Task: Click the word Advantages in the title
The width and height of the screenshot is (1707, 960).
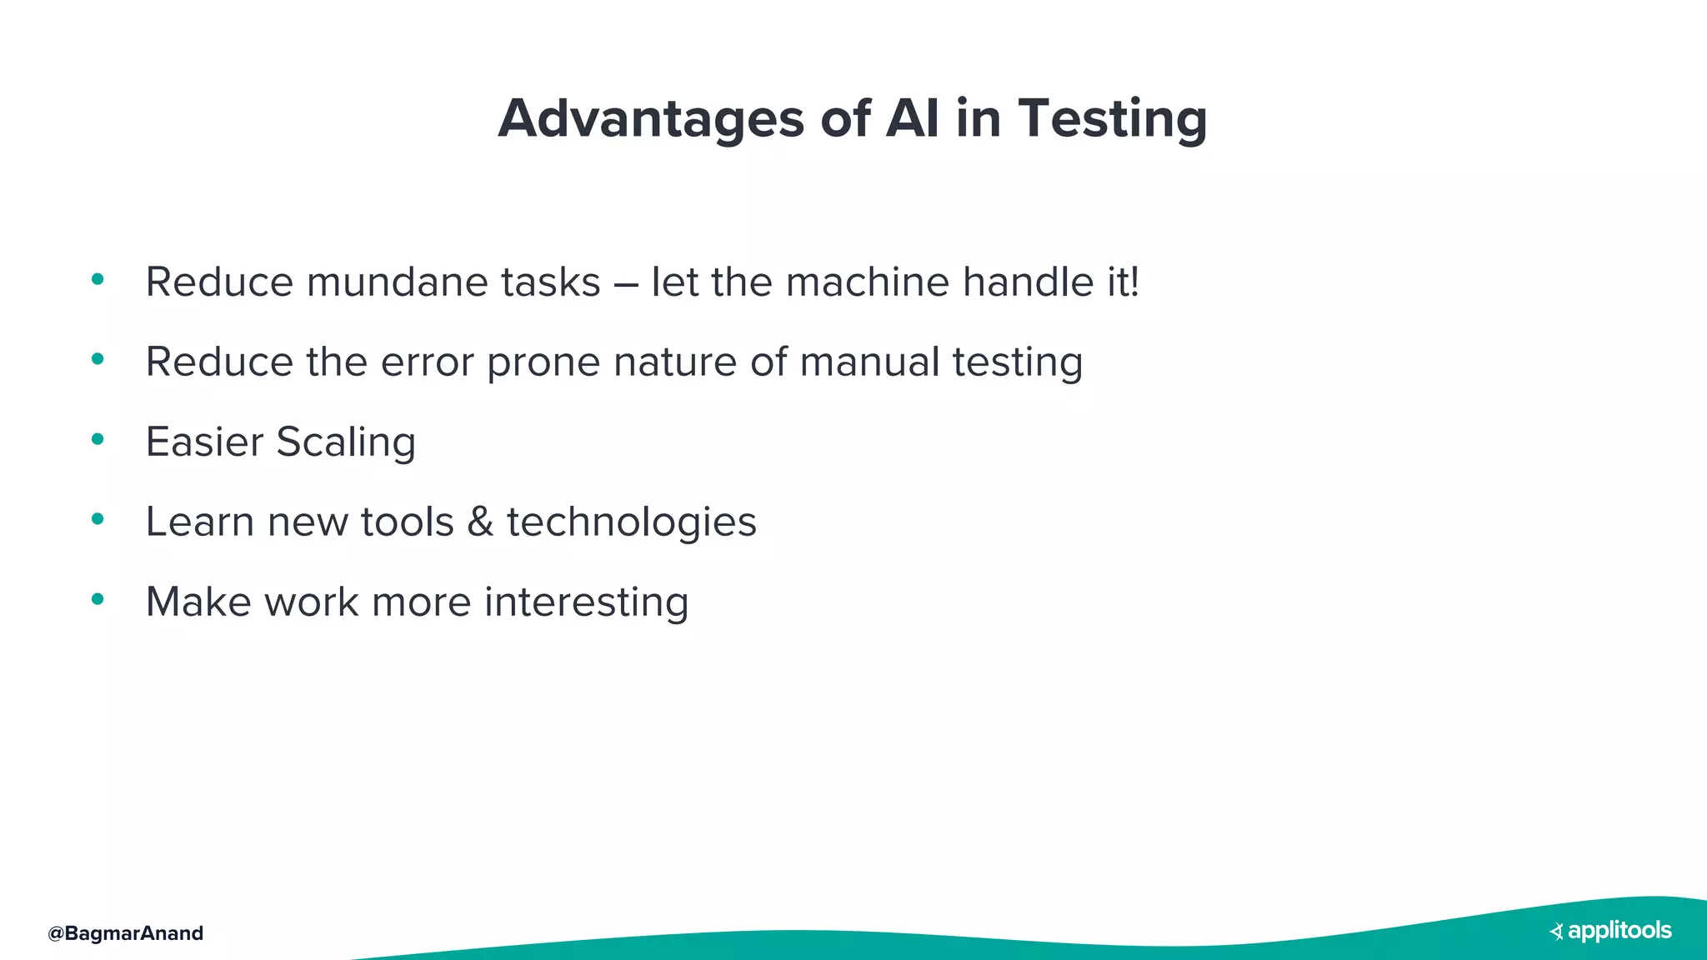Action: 651,119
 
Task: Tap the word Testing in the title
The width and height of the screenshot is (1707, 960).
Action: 1112,119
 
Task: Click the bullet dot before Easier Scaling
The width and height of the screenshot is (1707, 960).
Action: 98,439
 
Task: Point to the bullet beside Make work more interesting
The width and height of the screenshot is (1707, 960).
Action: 98,599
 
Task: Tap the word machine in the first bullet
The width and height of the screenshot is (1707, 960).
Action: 867,282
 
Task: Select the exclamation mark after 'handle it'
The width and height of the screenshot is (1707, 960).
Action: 1134,282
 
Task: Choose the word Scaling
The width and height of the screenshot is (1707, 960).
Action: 346,442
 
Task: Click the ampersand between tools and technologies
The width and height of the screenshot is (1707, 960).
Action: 480,522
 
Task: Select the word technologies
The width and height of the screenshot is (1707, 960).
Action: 631,522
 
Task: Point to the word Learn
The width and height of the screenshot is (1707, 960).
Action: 199,522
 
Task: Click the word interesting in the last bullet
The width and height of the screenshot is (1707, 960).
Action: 586,602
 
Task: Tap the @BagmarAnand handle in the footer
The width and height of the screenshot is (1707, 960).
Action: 126,933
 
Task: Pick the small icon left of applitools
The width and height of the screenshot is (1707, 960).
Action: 1556,932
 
